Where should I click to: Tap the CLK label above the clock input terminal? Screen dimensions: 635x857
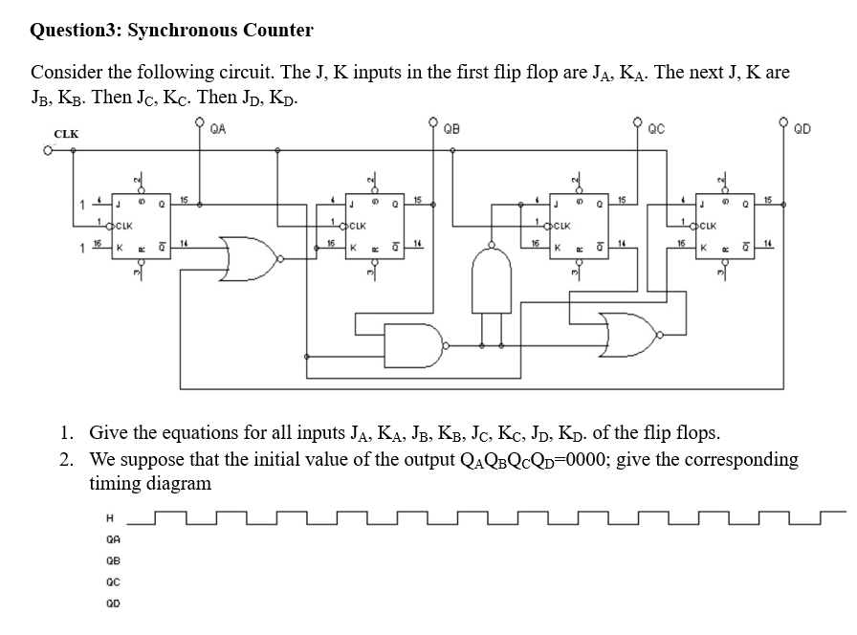(66, 134)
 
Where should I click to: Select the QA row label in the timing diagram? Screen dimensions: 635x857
(114, 540)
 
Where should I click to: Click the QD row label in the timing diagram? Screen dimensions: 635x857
(114, 604)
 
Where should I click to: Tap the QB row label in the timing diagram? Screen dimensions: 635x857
(114, 562)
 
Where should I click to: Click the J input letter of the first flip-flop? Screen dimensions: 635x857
(119, 203)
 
